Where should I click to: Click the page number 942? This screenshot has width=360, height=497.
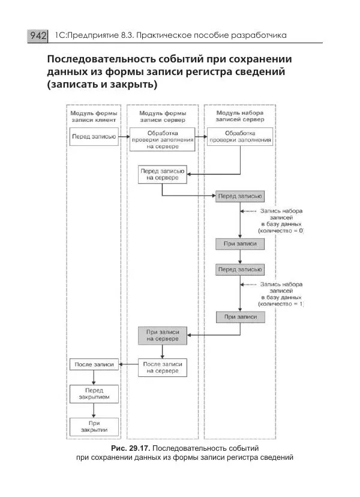coord(37,36)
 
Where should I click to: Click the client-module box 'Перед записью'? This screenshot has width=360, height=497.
coord(89,136)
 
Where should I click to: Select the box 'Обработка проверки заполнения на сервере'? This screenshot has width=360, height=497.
coord(162,139)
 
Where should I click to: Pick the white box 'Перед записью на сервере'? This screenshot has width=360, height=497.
coord(162,175)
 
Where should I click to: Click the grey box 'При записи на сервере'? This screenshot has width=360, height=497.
coord(162,336)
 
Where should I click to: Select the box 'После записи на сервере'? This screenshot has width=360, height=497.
coord(162,367)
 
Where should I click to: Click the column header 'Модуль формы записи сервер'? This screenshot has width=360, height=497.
coord(163,116)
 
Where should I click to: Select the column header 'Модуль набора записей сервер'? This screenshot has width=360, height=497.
coord(240,116)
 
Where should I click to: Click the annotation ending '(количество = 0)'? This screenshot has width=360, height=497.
coord(281,221)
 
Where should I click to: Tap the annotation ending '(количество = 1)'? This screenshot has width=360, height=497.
coord(281,294)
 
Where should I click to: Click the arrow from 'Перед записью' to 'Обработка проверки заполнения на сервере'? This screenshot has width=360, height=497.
coord(122,137)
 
